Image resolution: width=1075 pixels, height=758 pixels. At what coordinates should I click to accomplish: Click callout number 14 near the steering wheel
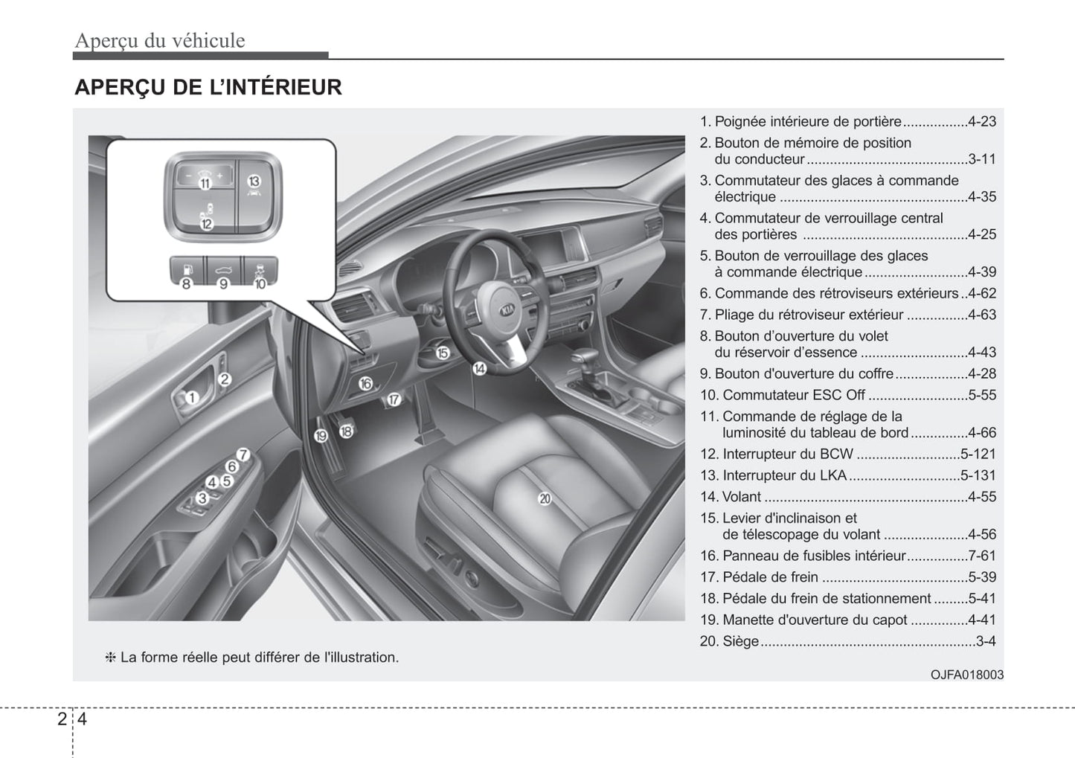click(x=480, y=367)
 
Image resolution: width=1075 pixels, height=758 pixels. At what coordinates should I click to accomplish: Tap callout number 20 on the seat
click(x=545, y=498)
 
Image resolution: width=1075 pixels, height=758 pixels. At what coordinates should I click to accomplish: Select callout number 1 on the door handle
click(x=191, y=398)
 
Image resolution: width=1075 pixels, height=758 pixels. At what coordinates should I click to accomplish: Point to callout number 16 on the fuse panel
click(x=365, y=384)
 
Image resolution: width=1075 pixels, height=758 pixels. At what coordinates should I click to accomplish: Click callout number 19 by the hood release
click(x=321, y=436)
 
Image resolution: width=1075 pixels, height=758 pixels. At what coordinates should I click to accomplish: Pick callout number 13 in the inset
click(x=254, y=181)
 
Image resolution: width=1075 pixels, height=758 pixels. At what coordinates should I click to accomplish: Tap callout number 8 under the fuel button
click(x=186, y=283)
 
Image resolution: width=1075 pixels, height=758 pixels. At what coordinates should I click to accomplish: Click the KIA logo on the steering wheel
click(x=507, y=309)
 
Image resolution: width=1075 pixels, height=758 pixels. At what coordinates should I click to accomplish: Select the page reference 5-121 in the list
click(x=978, y=454)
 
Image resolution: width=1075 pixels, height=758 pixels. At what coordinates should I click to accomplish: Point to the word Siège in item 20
click(x=740, y=641)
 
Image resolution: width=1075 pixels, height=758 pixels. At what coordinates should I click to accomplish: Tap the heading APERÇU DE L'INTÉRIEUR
click(x=208, y=87)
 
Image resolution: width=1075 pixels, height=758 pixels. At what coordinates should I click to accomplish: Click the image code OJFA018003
click(x=966, y=675)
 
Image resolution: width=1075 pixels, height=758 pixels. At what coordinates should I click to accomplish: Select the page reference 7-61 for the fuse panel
click(x=982, y=556)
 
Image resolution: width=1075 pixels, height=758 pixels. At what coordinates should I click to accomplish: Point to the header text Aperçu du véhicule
click(x=159, y=40)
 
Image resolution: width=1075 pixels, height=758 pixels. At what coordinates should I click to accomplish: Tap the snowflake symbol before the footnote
click(x=110, y=658)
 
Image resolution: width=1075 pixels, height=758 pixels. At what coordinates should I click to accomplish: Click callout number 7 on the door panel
click(x=243, y=455)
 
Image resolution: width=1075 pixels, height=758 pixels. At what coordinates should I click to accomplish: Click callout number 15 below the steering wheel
click(x=443, y=353)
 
